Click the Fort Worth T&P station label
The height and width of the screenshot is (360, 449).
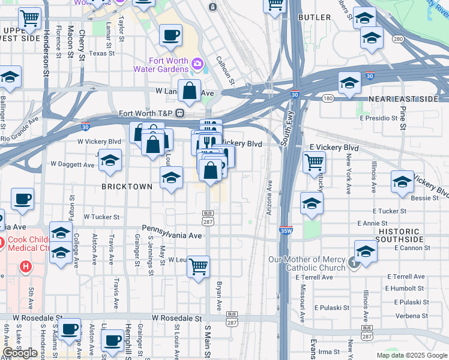click(x=146, y=113)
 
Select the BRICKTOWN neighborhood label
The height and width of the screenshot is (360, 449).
click(x=127, y=187)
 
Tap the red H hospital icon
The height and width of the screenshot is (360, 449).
click(x=26, y=266)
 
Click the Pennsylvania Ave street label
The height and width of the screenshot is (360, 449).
click(x=172, y=236)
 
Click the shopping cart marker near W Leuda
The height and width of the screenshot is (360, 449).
click(x=198, y=266)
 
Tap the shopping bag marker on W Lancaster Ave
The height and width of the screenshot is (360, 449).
click(x=189, y=92)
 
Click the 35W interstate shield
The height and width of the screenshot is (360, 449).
click(x=286, y=230)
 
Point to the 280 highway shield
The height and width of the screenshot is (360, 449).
click(x=398, y=39)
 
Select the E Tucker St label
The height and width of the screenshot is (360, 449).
click(x=389, y=211)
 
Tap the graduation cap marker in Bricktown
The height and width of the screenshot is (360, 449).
click(x=171, y=178)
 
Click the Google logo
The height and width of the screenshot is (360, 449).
click(x=20, y=353)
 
